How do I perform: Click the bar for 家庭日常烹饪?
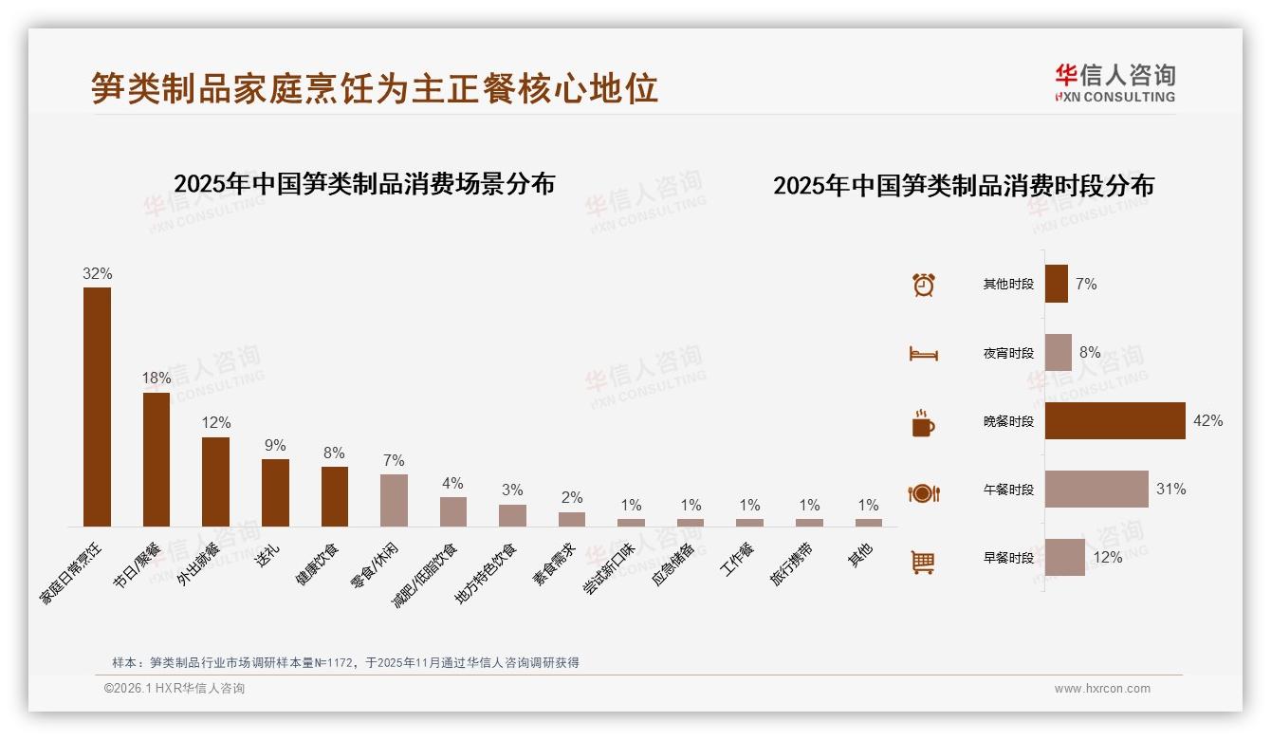tap(97, 406)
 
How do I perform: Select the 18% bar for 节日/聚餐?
tap(157, 459)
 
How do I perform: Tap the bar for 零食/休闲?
tap(394, 500)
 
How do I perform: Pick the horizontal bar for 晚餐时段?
tap(1114, 421)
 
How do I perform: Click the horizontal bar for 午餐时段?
tap(1096, 490)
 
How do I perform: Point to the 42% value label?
tap(1207, 421)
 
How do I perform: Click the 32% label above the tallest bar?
tap(97, 274)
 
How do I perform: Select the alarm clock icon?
tap(923, 285)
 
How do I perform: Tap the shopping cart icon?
tap(923, 562)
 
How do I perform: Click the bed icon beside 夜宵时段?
tap(923, 354)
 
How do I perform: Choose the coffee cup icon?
tap(923, 423)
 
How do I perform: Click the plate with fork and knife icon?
tap(923, 493)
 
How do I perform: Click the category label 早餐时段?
tap(1008, 559)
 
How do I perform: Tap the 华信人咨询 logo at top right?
tap(1114, 83)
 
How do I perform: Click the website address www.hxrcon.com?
tap(1102, 689)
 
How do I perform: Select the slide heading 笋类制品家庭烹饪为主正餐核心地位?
tap(375, 89)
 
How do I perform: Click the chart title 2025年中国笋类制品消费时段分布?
tap(963, 186)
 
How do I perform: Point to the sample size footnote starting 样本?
tap(345, 663)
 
